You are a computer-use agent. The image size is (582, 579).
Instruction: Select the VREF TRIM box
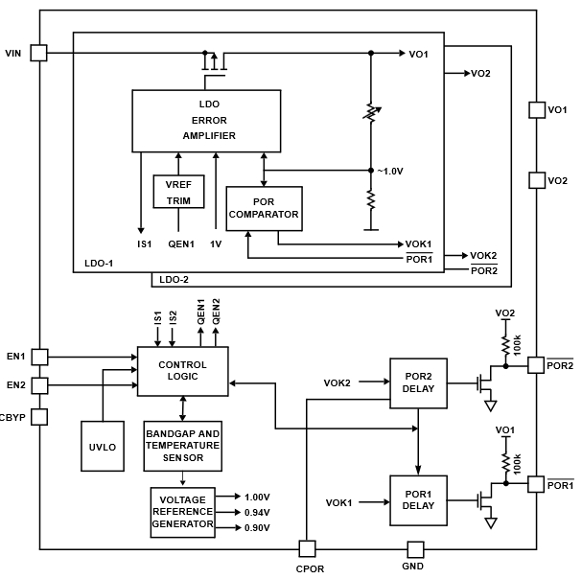(x=179, y=192)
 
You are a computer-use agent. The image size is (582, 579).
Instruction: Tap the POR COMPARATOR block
(x=264, y=208)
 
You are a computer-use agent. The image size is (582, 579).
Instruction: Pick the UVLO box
(x=102, y=448)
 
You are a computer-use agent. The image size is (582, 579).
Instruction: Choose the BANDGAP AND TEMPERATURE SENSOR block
(x=182, y=447)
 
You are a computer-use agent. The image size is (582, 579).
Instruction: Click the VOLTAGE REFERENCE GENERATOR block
(x=182, y=512)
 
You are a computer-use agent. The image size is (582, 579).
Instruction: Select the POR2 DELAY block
(x=419, y=382)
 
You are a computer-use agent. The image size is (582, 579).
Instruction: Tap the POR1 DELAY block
(x=419, y=500)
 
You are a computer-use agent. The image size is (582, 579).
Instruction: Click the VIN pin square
(x=39, y=53)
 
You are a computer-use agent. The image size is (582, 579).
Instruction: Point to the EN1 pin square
(x=39, y=357)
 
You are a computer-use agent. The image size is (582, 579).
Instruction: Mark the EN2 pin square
(x=39, y=385)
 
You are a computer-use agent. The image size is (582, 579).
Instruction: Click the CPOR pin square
(x=307, y=549)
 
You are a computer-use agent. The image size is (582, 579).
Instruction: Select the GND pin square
(x=415, y=549)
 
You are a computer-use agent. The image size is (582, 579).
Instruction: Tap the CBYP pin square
(x=39, y=416)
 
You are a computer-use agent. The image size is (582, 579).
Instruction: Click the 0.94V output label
(x=256, y=512)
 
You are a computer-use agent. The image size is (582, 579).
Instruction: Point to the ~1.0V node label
(x=390, y=172)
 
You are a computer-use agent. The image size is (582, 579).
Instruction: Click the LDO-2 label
(x=175, y=280)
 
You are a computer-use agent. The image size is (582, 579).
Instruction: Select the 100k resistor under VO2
(x=504, y=340)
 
